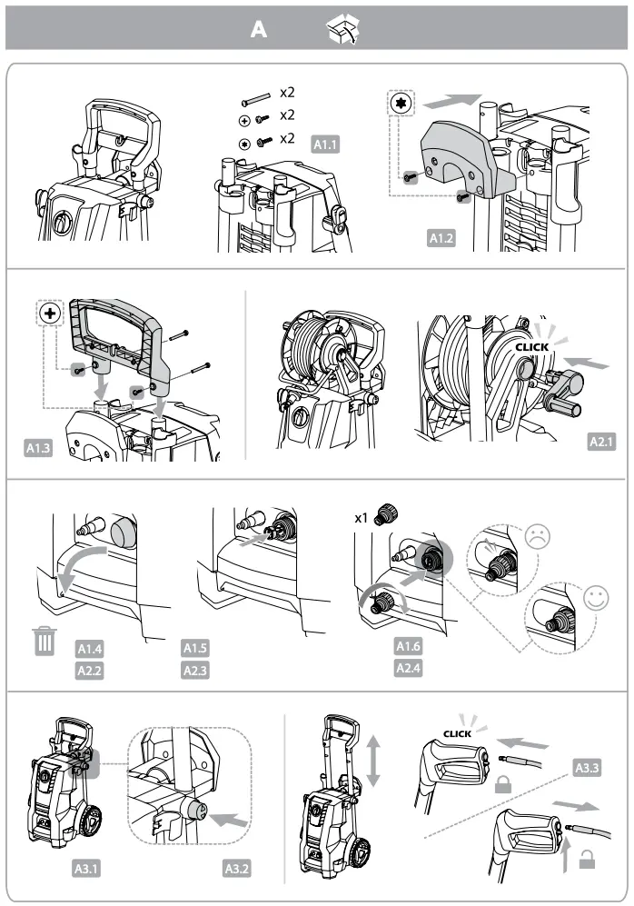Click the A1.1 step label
(326, 144)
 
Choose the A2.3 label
(196, 671)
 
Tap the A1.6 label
(408, 647)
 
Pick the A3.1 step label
(86, 868)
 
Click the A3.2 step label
(236, 868)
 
